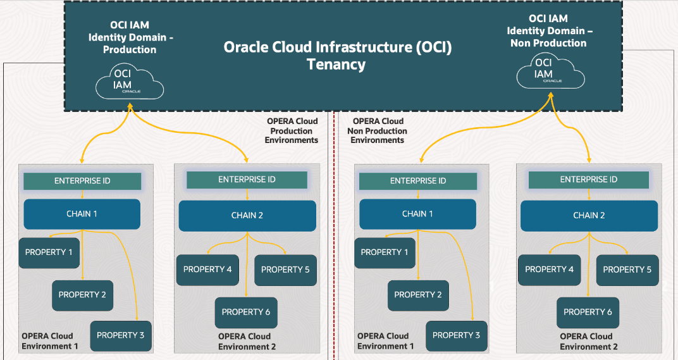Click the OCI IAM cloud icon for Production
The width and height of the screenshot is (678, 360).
coord(130,82)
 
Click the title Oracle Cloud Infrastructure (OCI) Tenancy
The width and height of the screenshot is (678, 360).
coord(338,56)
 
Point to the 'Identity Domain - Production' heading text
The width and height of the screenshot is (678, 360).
coord(130,44)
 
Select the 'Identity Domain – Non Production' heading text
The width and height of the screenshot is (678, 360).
coord(548,37)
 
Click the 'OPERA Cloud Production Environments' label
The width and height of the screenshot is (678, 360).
coord(292,130)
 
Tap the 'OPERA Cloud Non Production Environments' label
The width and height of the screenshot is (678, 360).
coord(378,130)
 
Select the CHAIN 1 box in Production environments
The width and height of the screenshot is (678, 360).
coord(82,214)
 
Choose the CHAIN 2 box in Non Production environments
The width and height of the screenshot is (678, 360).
coord(589,215)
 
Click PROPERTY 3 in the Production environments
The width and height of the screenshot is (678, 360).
coord(121,335)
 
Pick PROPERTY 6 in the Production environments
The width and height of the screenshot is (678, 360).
coord(246,312)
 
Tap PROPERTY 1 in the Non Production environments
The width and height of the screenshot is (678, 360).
coord(385,252)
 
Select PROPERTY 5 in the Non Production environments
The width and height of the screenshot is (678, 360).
coord(627,270)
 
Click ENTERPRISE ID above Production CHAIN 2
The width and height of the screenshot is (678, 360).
coord(247,180)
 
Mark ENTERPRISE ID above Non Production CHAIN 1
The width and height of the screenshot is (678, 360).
coord(418,181)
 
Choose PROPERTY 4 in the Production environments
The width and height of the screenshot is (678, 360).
coord(207,270)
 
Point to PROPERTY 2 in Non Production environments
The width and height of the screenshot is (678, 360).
coord(418,295)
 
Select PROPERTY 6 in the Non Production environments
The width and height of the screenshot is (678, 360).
coord(588,312)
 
